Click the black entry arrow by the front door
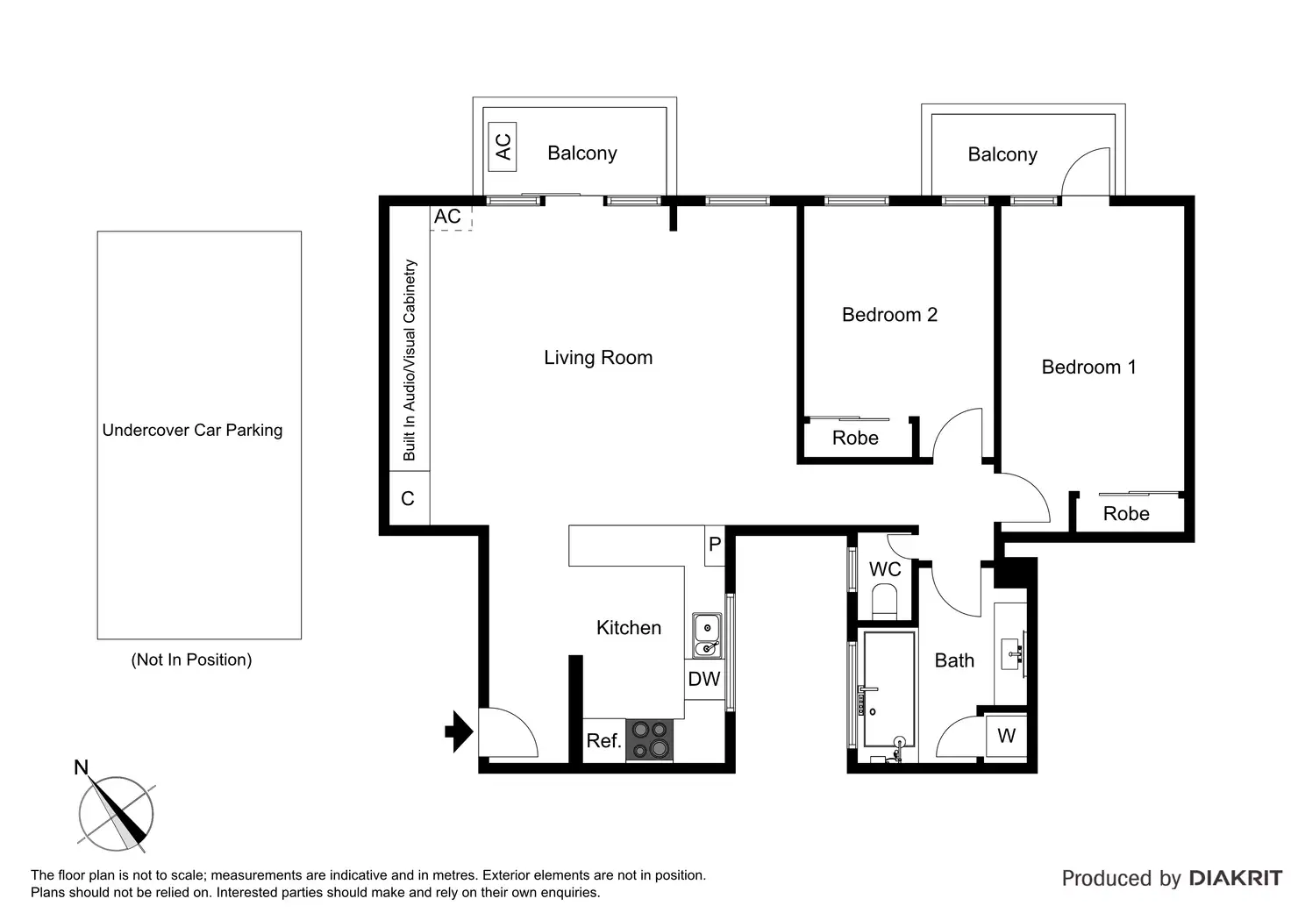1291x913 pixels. [460, 731]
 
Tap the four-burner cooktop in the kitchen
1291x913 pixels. [650, 739]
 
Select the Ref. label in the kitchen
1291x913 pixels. [603, 740]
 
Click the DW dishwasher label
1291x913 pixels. [703, 679]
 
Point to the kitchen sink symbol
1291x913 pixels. [707, 635]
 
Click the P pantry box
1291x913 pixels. [715, 545]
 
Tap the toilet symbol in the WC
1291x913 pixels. [885, 601]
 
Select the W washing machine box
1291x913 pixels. [1006, 736]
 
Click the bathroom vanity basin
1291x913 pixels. [1012, 653]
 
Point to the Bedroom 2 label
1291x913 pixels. [889, 315]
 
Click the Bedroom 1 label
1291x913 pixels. [1088, 367]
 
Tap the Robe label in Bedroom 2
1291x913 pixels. [855, 438]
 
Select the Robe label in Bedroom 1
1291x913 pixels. [1126, 514]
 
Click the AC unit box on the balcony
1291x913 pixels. [503, 147]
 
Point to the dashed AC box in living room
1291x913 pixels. [452, 218]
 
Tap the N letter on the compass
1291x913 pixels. [82, 767]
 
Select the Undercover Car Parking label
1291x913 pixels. [192, 430]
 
